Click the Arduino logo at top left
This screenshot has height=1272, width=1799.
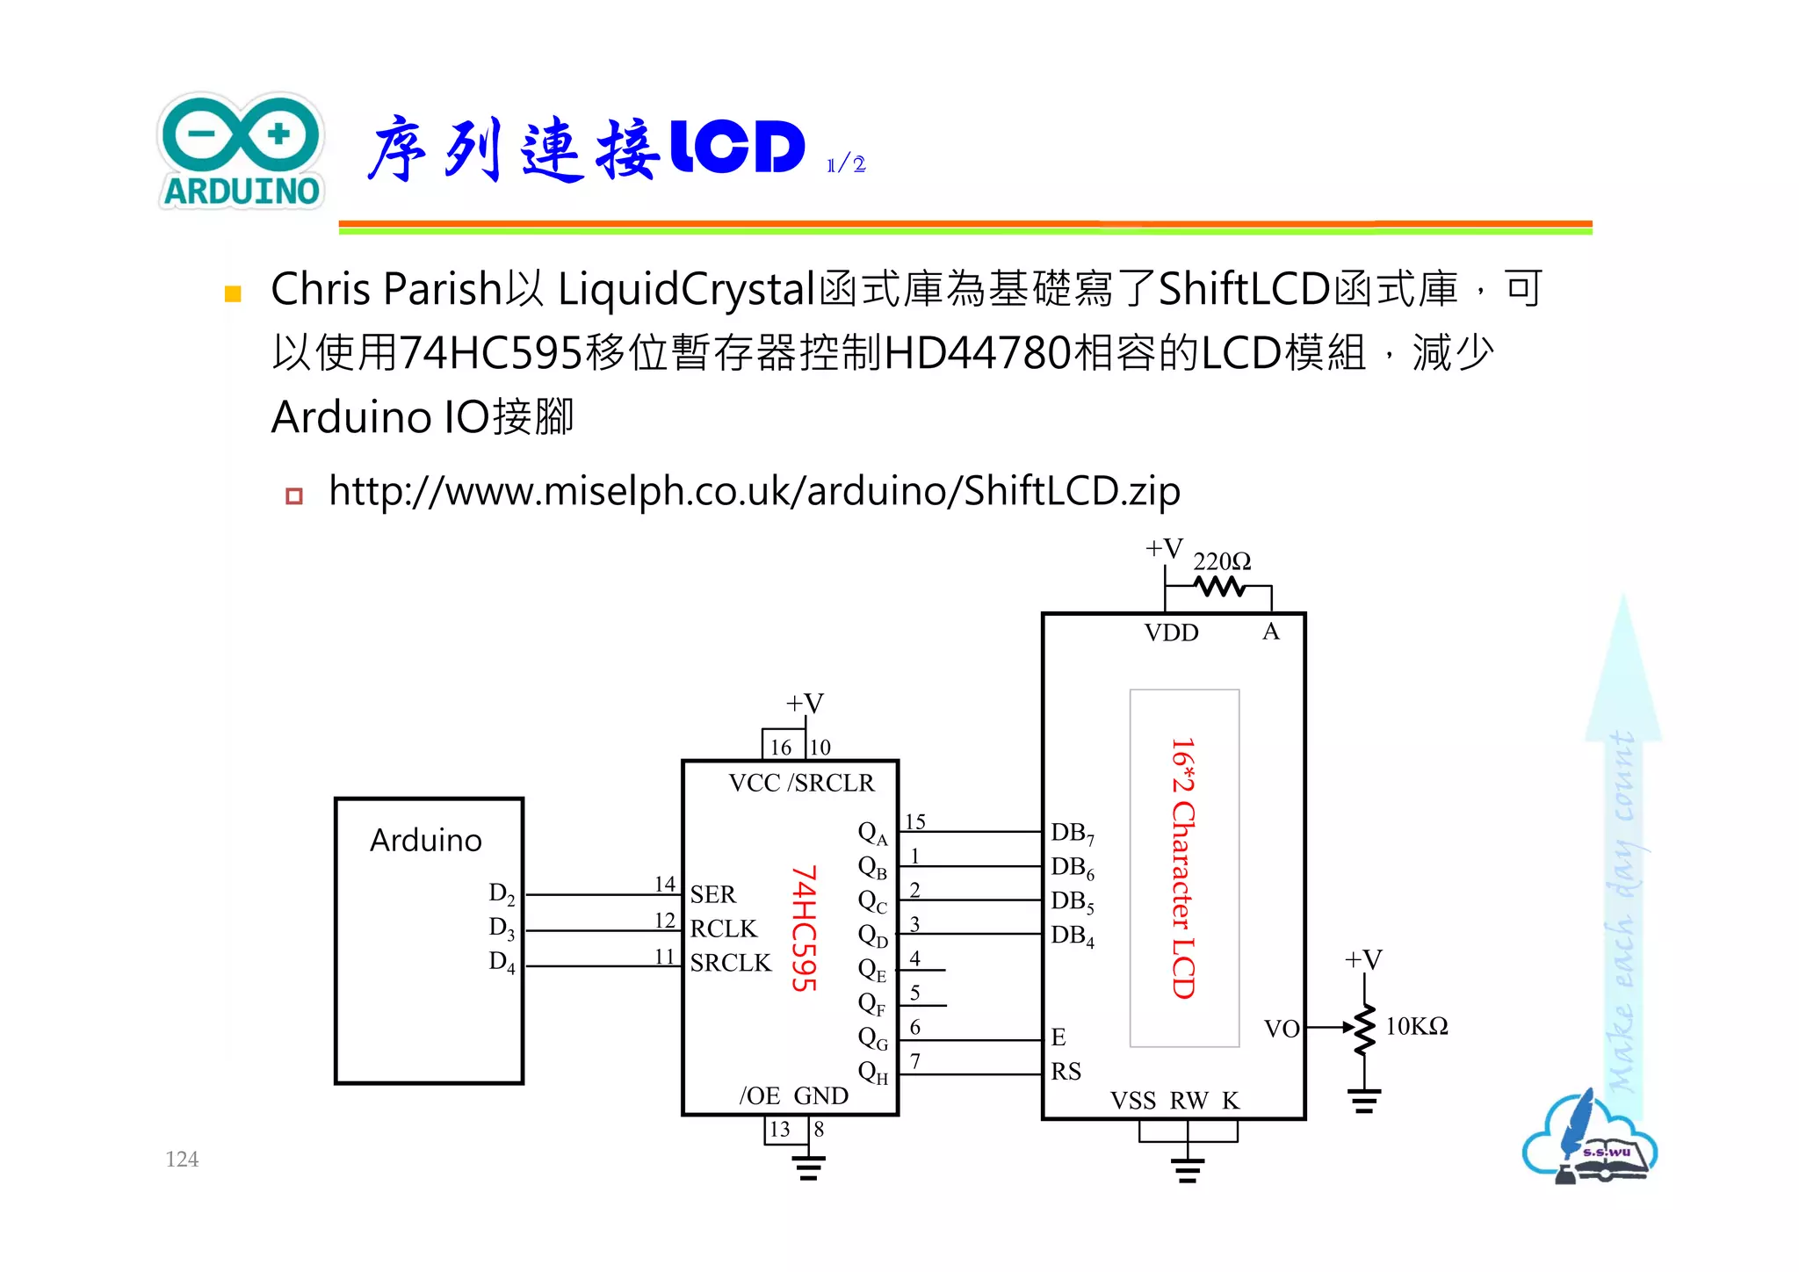242,151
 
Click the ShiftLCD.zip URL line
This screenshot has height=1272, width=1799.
753,491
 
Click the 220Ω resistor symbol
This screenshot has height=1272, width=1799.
1220,586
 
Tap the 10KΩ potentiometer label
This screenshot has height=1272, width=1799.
1416,1026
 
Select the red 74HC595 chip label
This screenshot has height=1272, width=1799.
804,929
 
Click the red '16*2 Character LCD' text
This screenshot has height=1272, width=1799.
1183,868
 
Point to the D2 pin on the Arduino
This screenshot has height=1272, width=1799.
502,894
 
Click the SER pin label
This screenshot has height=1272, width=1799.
712,894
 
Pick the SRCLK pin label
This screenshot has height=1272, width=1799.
730,963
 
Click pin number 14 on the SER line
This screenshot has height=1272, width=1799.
665,884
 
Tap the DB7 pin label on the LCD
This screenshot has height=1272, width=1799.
1072,833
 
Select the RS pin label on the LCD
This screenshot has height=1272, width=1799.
1066,1072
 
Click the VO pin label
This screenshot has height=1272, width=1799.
1281,1029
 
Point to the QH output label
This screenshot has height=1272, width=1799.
872,1073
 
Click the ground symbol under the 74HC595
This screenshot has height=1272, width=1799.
808,1167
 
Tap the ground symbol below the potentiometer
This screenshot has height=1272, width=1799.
1364,1101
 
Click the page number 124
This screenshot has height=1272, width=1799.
182,1160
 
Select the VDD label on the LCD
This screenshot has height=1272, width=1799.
1171,632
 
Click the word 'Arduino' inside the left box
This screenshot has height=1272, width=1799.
426,841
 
